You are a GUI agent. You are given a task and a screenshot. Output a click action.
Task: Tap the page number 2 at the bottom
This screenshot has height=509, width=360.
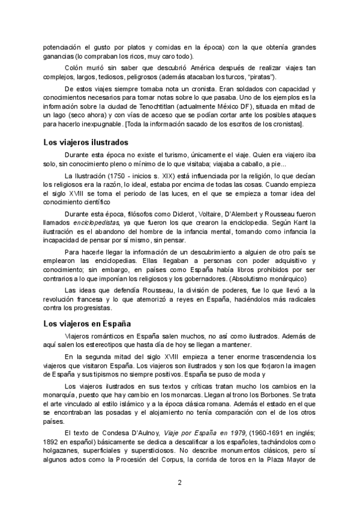click(x=179, y=483)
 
